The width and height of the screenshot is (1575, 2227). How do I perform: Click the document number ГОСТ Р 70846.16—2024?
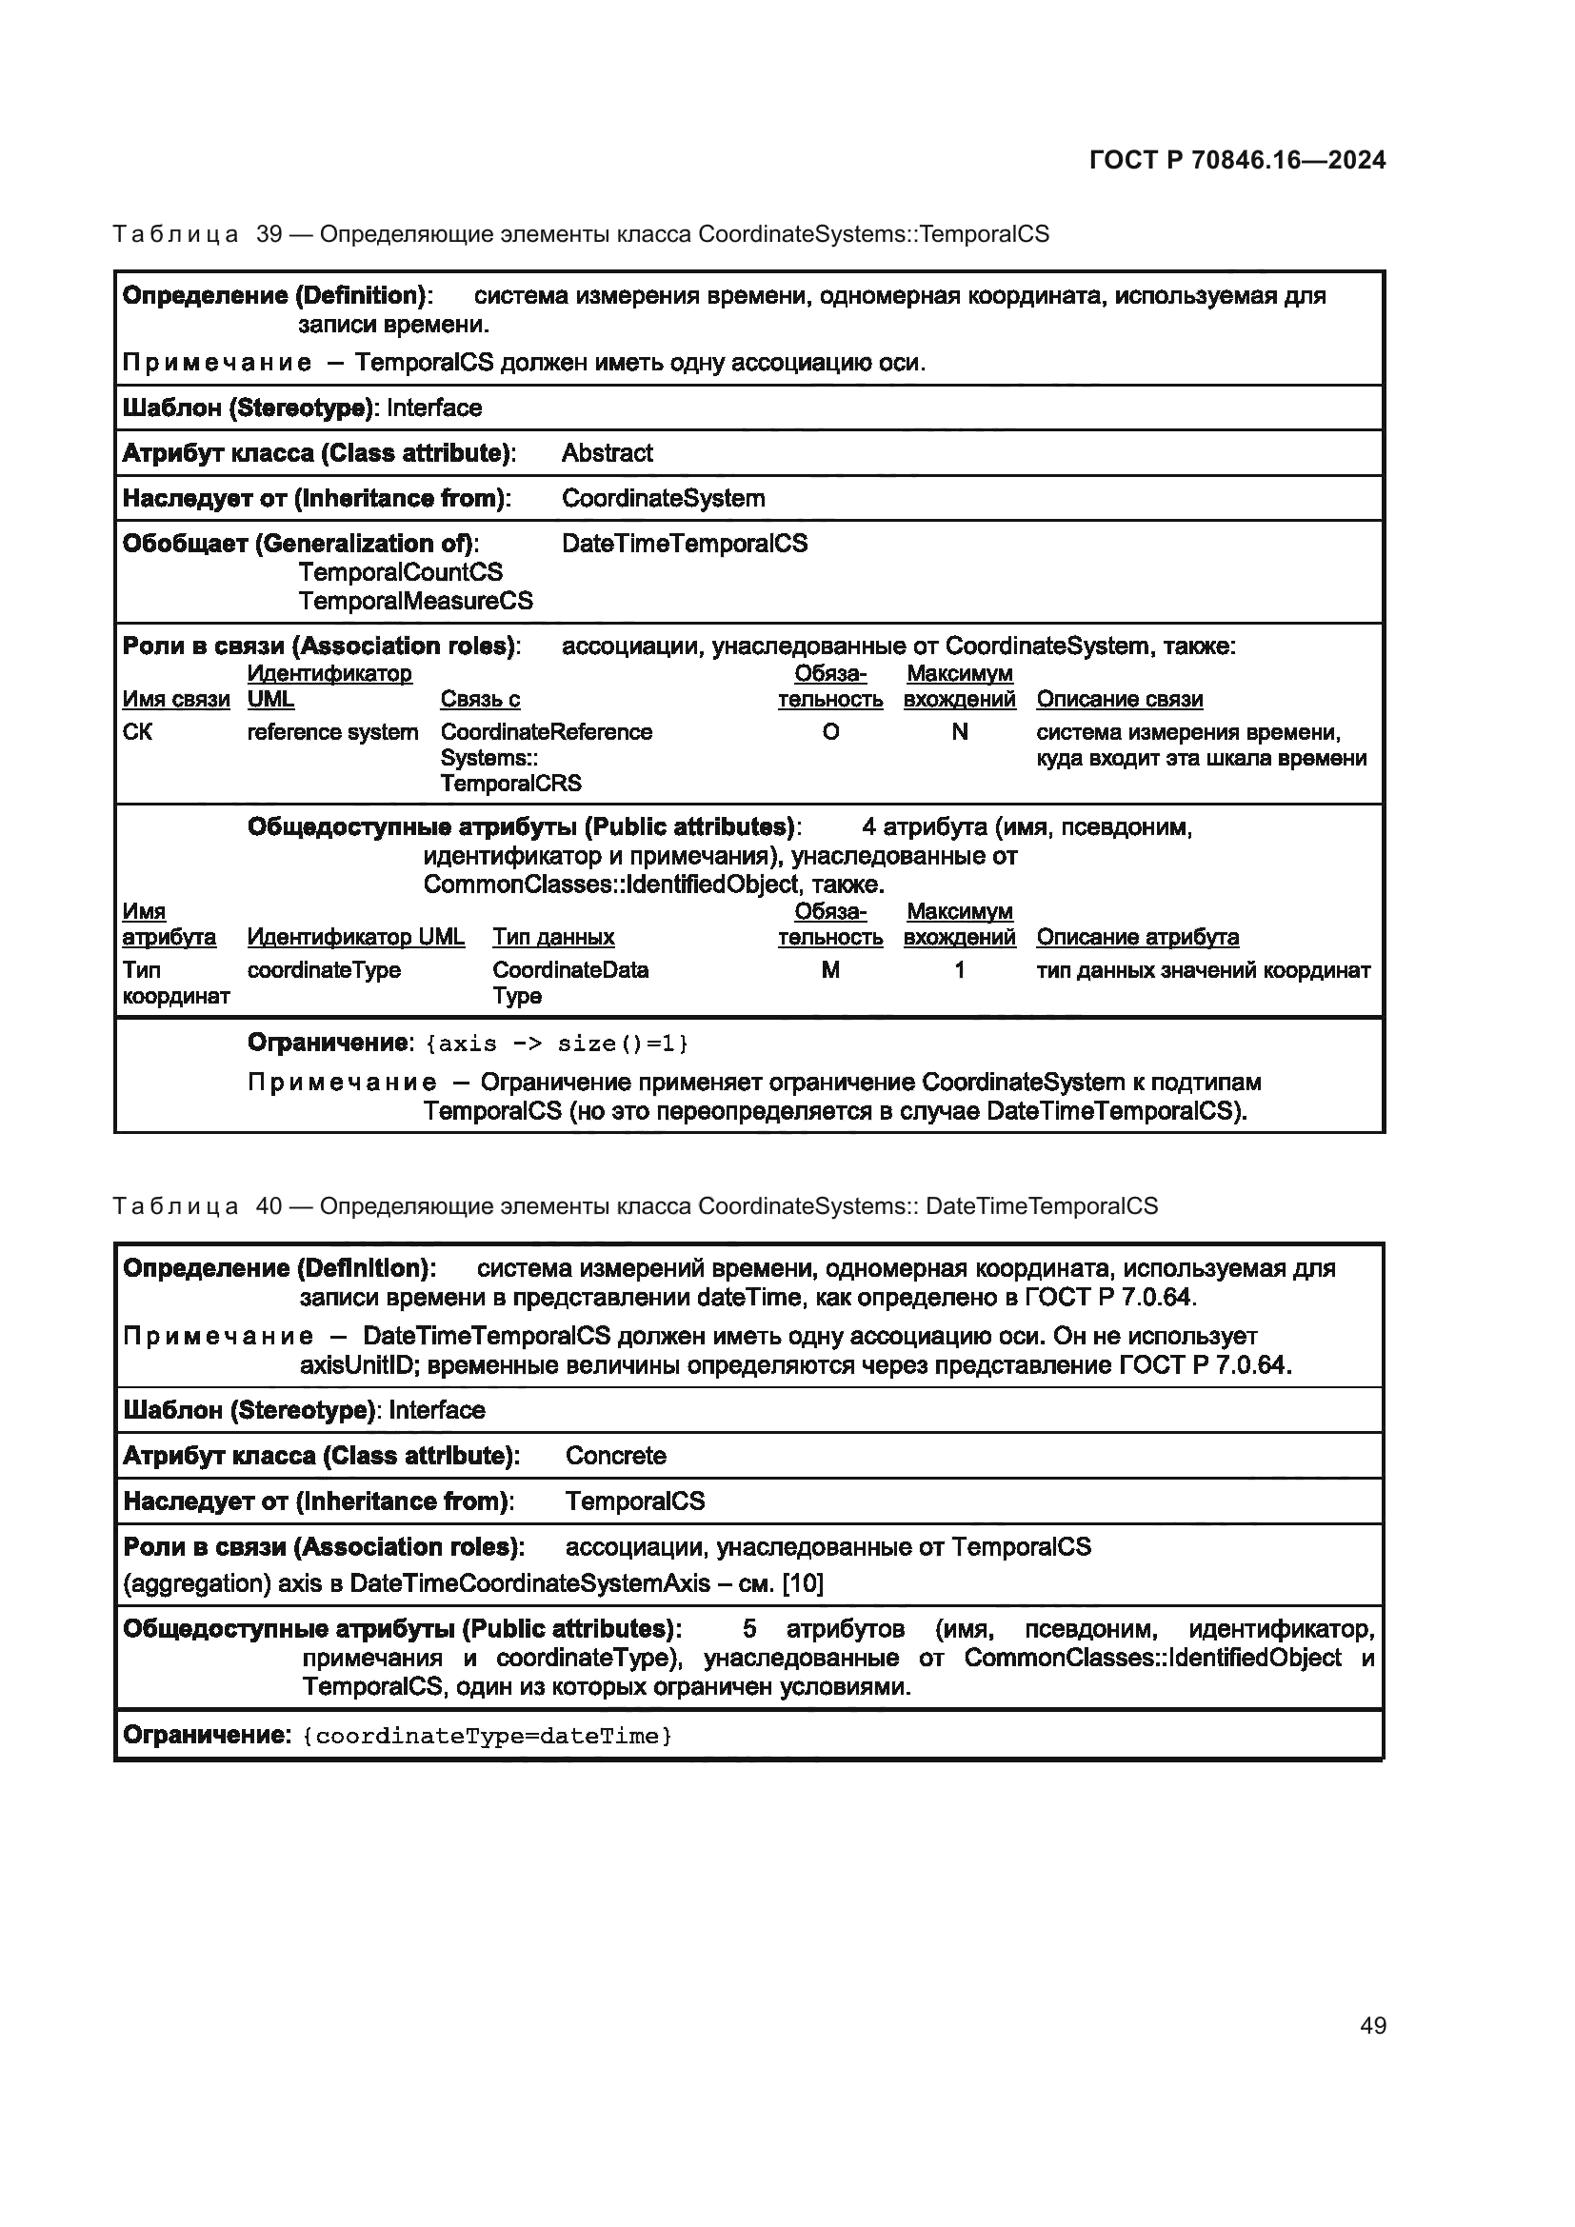[x=1237, y=161]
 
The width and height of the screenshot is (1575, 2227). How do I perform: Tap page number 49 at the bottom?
[x=1372, y=2025]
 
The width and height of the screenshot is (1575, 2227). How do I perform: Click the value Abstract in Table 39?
[x=607, y=453]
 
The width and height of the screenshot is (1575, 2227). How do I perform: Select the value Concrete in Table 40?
[x=615, y=1456]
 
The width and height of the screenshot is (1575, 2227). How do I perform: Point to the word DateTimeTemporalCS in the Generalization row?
[x=684, y=543]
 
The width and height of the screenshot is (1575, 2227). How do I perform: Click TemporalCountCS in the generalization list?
[x=400, y=572]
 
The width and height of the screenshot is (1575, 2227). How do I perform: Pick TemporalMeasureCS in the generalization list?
[x=415, y=602]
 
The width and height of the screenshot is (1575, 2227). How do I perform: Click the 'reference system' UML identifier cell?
[x=331, y=732]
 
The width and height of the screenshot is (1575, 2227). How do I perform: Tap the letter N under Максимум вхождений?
[x=959, y=732]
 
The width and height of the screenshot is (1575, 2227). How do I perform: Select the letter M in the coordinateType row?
[x=830, y=970]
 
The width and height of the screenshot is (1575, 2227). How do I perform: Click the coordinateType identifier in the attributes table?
[x=323, y=970]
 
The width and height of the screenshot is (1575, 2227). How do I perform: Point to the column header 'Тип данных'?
[x=553, y=937]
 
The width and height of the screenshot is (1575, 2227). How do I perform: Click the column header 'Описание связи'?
[x=1119, y=700]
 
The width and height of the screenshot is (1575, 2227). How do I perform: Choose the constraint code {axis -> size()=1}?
[x=558, y=1044]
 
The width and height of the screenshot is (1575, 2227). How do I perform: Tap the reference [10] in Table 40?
[x=802, y=1584]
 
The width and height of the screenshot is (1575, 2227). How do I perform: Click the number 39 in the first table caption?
[x=269, y=235]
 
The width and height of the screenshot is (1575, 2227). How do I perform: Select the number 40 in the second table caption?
[x=269, y=1206]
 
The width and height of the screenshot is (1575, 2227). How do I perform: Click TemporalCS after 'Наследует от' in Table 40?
[x=634, y=1501]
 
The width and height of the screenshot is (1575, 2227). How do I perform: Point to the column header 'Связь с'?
[x=480, y=700]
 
